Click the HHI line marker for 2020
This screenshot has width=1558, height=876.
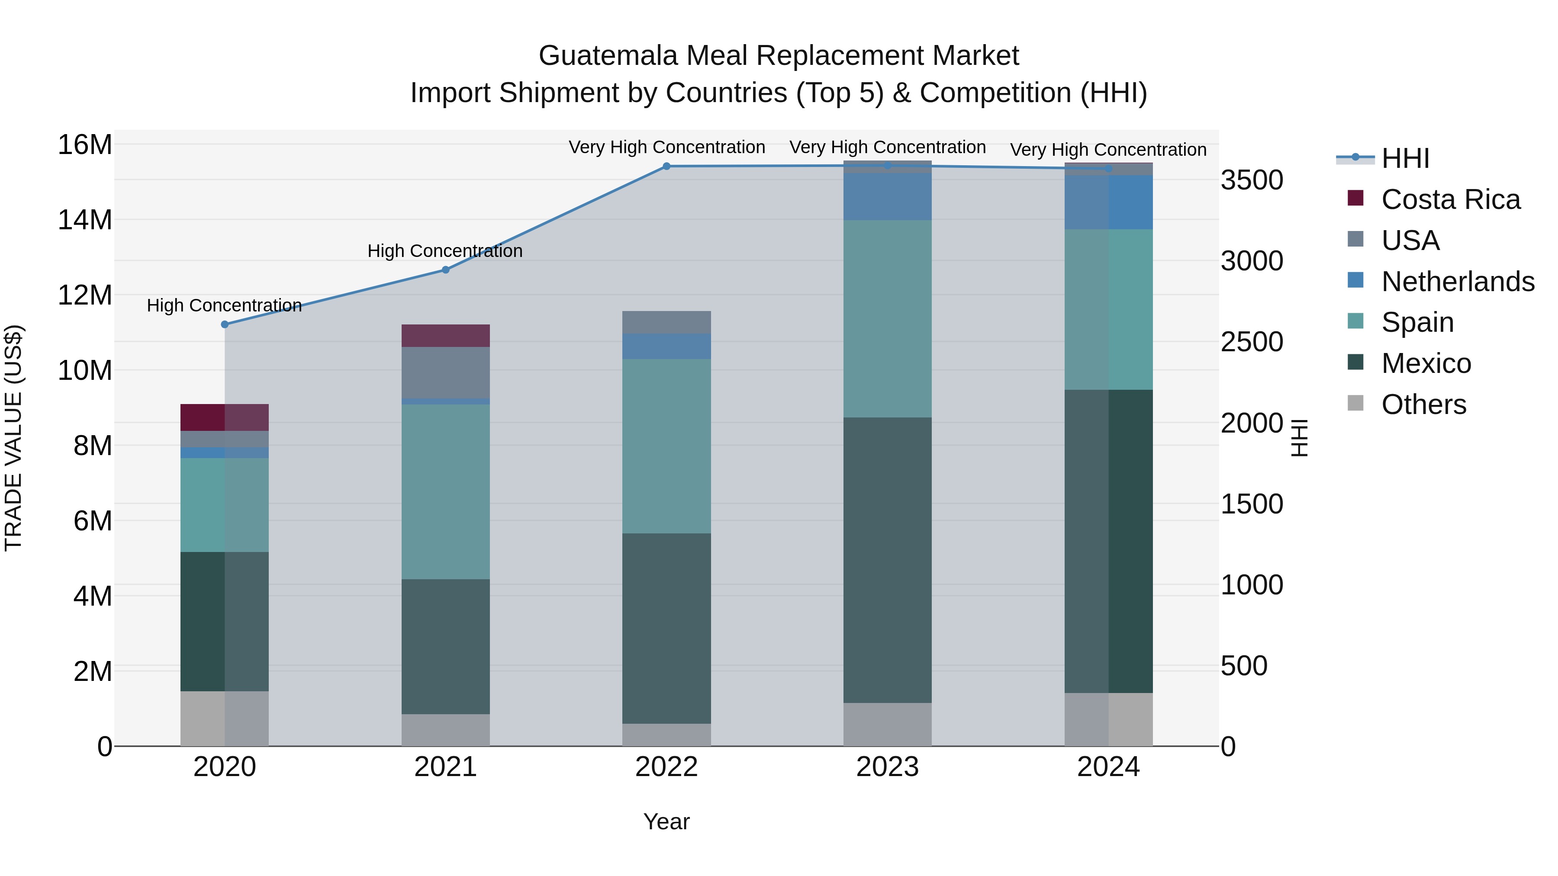point(224,324)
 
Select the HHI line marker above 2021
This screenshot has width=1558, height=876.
point(446,270)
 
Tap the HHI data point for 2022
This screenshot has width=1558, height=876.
point(666,166)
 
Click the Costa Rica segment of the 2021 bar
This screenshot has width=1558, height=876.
point(446,336)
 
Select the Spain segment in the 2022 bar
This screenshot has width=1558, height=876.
point(666,446)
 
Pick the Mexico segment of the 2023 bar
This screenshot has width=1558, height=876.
point(887,560)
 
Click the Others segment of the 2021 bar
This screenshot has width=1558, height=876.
point(446,730)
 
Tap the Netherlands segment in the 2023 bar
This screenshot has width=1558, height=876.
point(887,196)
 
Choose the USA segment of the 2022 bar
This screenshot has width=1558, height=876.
point(666,322)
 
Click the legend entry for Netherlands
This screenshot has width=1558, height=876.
point(1458,282)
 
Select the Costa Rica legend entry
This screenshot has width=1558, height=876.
point(1450,199)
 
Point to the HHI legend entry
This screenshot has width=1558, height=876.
point(1405,158)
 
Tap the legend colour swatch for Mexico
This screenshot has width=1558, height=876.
point(1355,363)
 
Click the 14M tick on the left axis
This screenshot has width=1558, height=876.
point(85,220)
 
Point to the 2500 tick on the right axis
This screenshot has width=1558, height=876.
point(1251,342)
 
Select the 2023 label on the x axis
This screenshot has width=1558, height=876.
point(887,767)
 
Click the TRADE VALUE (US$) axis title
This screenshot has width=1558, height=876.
point(13,438)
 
